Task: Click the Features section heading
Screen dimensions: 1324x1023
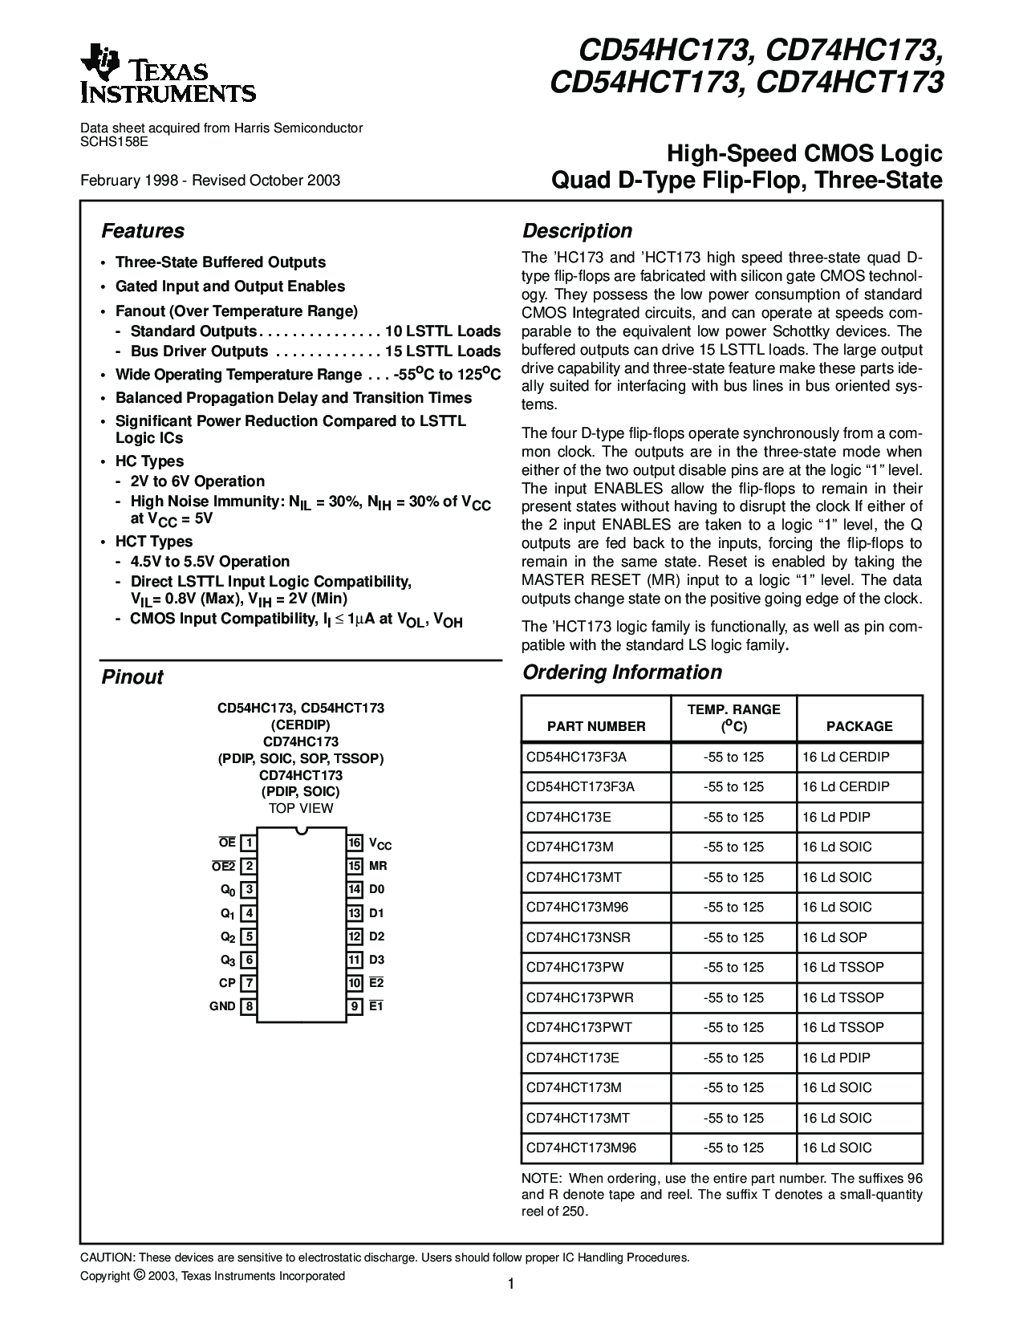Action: point(143,231)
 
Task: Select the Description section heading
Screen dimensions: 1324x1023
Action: point(577,231)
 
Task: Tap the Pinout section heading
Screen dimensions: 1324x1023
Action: point(132,677)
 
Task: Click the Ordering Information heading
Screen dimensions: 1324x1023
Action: point(622,672)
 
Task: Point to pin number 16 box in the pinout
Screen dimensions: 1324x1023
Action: point(355,843)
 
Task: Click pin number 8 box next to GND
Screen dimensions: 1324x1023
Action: point(250,1006)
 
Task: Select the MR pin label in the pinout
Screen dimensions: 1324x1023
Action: point(378,867)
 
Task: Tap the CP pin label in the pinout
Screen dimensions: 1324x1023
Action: point(226,983)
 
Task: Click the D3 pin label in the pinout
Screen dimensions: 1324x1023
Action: point(377,960)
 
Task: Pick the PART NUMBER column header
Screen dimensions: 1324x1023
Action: point(596,726)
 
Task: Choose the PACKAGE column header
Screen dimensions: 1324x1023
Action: point(859,726)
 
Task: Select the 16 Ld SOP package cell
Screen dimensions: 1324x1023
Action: point(834,937)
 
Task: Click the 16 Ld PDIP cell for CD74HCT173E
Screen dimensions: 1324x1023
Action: point(836,1058)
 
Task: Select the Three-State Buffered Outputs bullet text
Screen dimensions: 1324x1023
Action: point(221,262)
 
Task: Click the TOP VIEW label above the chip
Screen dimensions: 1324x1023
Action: point(301,808)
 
